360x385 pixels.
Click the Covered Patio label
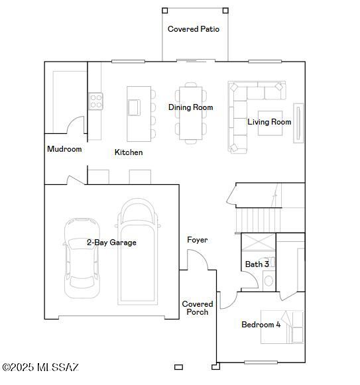click(x=194, y=29)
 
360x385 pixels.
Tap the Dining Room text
click(x=190, y=107)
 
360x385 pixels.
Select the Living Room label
click(x=269, y=122)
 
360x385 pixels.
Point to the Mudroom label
click(x=64, y=149)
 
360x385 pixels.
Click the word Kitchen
click(x=129, y=152)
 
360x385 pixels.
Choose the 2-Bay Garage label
click(x=111, y=243)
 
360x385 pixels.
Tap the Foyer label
click(x=197, y=240)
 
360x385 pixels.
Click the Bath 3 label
click(x=257, y=264)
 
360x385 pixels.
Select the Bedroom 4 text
click(x=261, y=325)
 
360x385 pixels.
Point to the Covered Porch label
click(x=197, y=308)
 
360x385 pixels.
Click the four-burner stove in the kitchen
click(x=96, y=101)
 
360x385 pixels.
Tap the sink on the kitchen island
click(x=135, y=107)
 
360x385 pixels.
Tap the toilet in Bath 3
click(x=269, y=280)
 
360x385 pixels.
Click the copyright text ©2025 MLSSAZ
click(x=41, y=367)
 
